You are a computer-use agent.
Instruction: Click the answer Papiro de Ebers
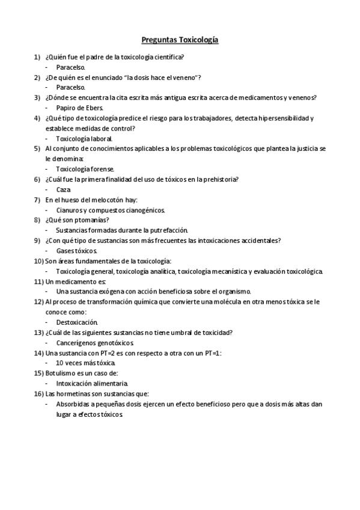point(79,108)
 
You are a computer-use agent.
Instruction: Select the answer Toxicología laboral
point(84,138)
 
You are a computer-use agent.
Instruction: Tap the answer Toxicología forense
point(85,169)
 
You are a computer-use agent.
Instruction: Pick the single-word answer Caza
point(64,189)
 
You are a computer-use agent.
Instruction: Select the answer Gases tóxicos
point(76,250)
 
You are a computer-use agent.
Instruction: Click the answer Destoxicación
point(76,322)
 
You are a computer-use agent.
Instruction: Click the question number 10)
point(38,261)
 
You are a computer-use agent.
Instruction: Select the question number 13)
point(38,333)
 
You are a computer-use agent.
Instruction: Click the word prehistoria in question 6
point(219,179)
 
